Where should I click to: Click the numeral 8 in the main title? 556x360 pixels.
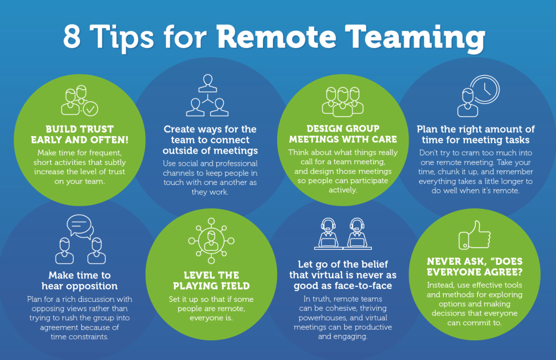point(72,37)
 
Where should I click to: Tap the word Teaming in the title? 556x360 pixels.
point(415,38)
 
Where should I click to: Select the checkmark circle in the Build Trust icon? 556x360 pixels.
point(90,109)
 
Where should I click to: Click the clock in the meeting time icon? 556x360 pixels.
point(485,89)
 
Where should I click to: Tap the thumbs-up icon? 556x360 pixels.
point(475,235)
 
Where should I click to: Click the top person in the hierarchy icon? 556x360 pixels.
point(208,83)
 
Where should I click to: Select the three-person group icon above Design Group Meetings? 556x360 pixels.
point(343,102)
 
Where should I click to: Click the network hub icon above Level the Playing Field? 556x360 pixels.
point(211,241)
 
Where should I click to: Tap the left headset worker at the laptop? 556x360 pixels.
point(328,233)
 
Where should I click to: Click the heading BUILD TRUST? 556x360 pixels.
point(80,129)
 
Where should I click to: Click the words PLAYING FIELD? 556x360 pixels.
point(212,286)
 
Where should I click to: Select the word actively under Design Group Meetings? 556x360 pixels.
point(343,190)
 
